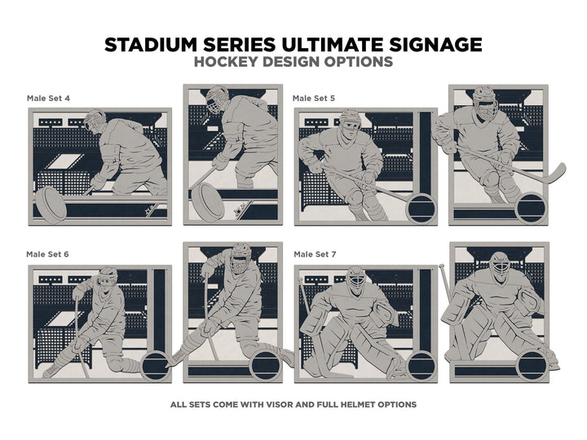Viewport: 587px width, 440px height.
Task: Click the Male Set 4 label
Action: point(48,99)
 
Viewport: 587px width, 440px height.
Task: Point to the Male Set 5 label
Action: point(314,99)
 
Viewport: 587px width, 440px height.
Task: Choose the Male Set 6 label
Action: point(47,254)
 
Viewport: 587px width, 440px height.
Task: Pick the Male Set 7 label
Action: point(315,254)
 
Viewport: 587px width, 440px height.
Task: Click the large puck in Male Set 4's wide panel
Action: point(51,205)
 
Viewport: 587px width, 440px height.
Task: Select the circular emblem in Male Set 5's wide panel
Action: point(421,209)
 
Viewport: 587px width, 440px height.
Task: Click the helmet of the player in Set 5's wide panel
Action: point(351,119)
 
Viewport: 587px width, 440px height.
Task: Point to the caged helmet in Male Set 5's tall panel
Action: point(485,102)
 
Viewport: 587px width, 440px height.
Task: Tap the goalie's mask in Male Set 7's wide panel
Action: point(355,280)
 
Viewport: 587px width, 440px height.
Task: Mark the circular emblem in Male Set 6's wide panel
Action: point(156,367)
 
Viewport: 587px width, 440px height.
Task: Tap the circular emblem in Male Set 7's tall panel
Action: point(532,365)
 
